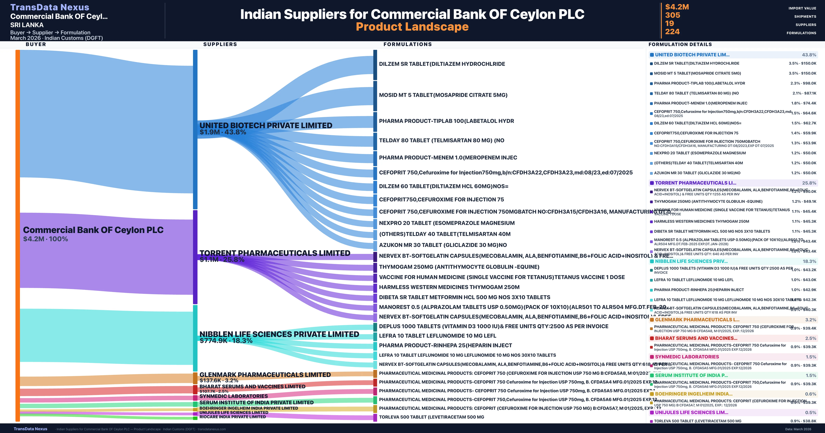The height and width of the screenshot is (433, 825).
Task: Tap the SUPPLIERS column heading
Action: (x=220, y=44)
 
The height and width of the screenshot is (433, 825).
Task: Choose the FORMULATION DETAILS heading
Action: (x=680, y=44)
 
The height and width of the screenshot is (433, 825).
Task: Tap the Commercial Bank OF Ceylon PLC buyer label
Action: (x=93, y=230)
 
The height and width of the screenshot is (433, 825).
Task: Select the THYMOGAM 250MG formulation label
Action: (x=459, y=267)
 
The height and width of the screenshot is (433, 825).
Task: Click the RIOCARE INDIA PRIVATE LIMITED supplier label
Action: (x=233, y=417)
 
